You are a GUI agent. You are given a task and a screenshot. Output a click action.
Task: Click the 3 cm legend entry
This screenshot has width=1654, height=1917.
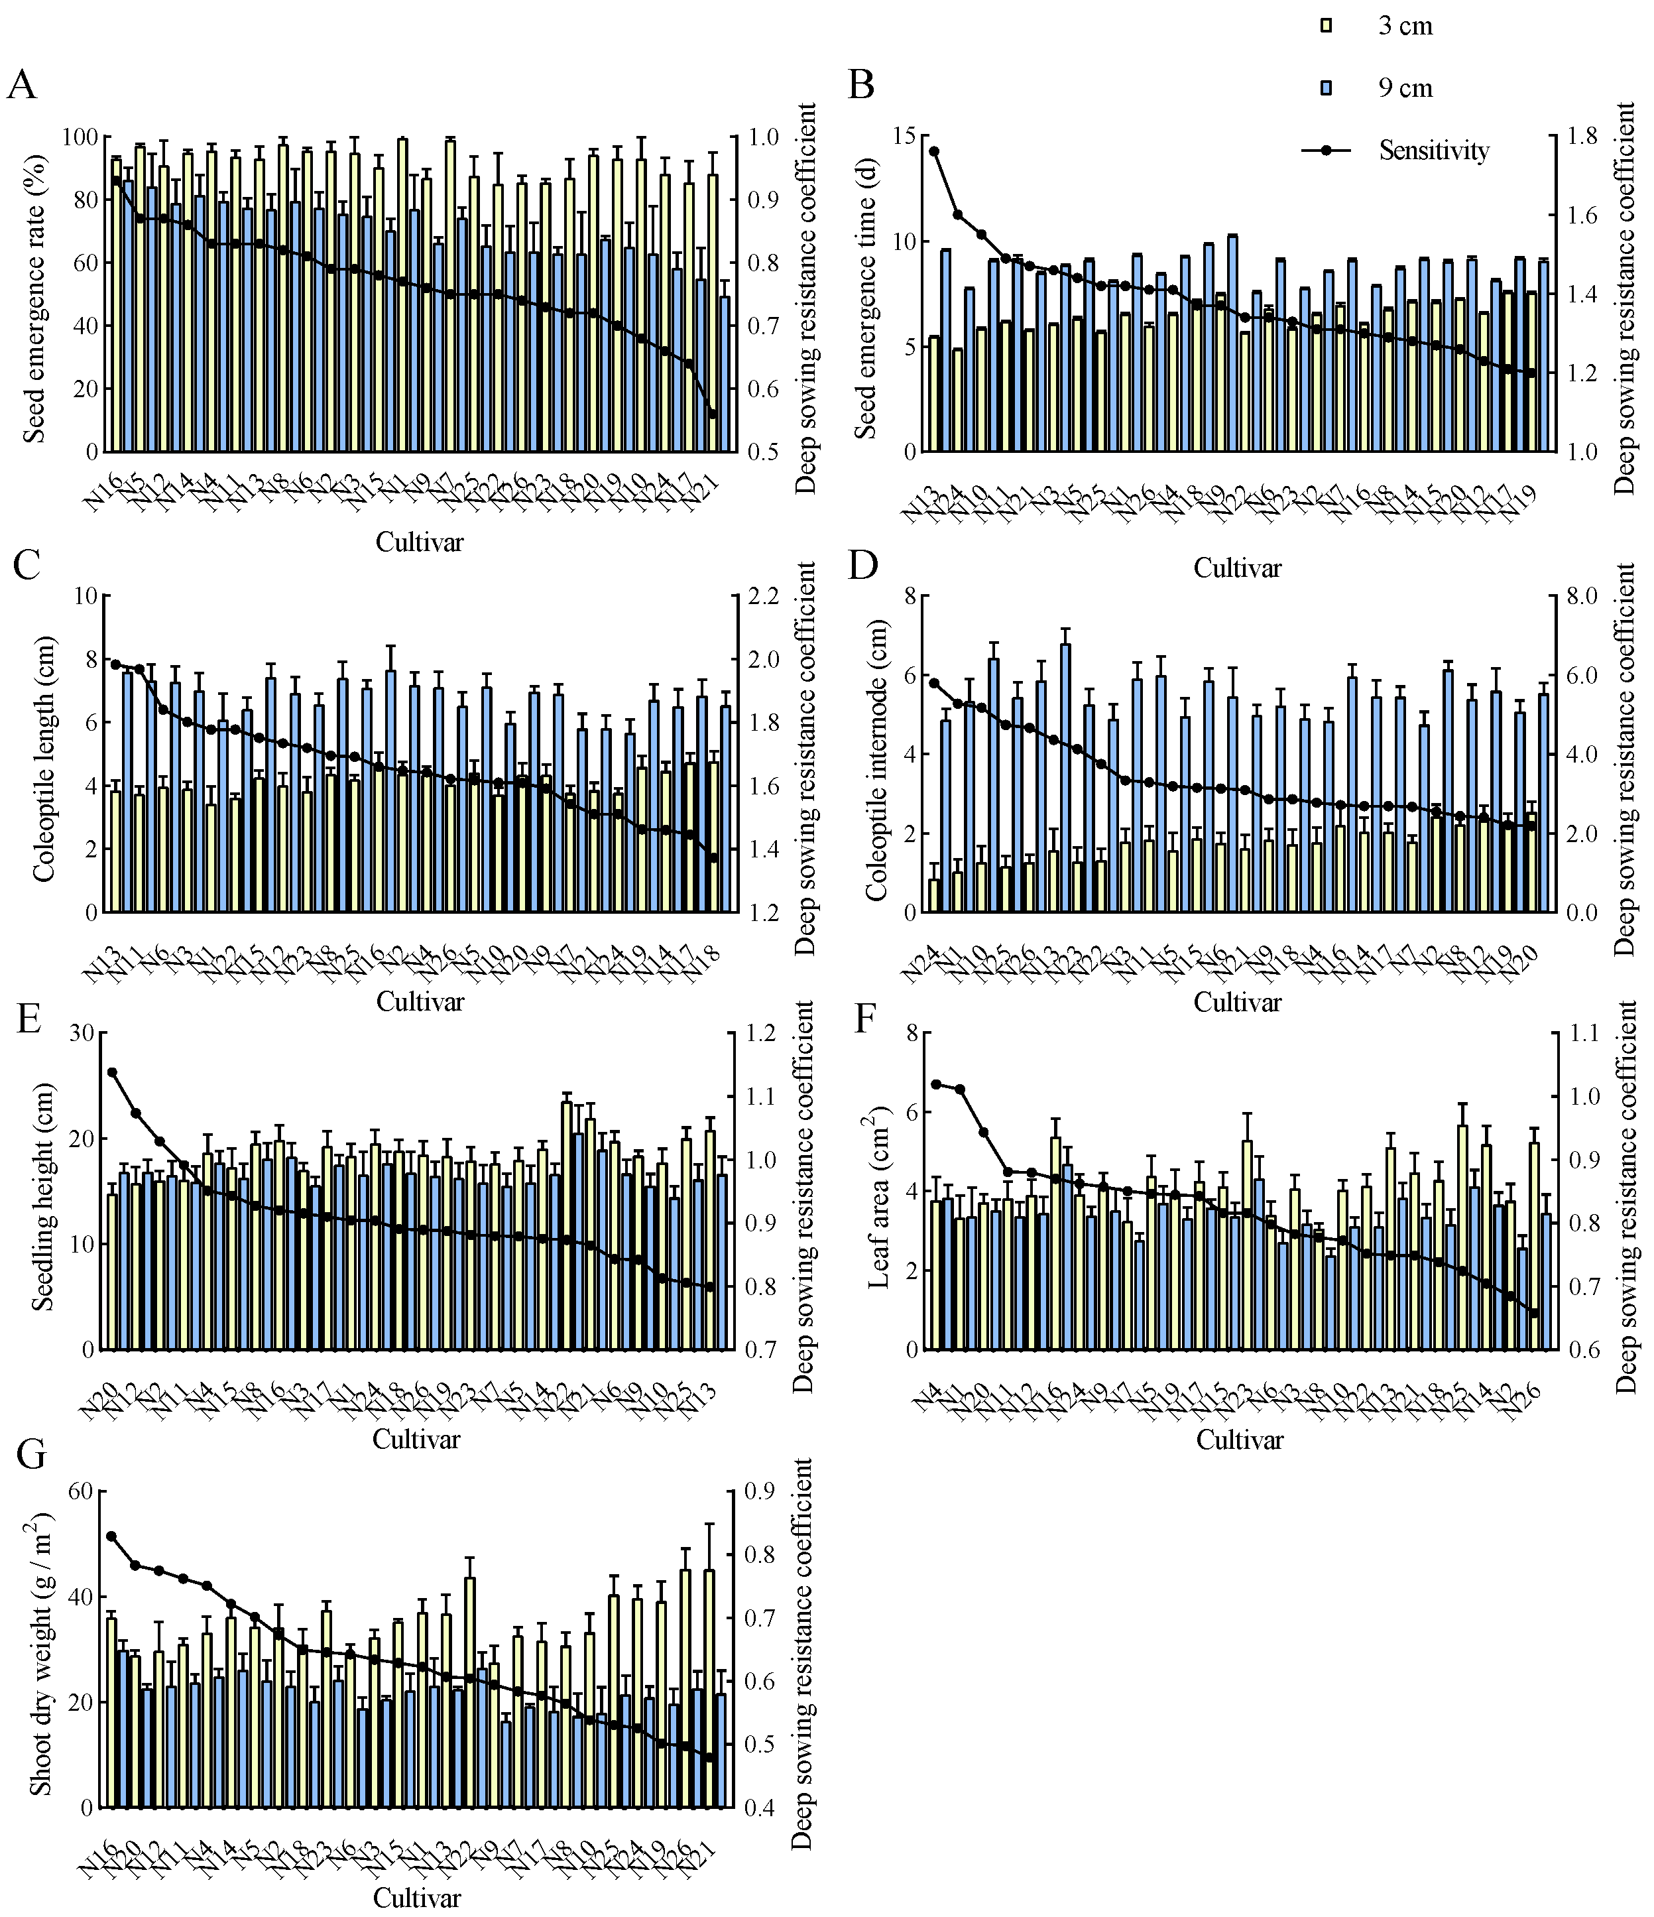tap(1404, 26)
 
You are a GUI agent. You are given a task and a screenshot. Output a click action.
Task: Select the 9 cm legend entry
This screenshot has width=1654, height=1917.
tap(1404, 89)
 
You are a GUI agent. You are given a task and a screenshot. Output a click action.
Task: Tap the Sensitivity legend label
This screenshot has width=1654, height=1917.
tap(1433, 150)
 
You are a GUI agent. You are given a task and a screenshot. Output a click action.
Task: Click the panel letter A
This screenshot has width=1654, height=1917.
tap(22, 86)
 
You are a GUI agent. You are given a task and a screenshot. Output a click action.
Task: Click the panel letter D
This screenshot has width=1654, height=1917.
tap(863, 564)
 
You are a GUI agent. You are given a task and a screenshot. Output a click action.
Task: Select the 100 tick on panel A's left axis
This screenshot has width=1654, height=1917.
tap(80, 137)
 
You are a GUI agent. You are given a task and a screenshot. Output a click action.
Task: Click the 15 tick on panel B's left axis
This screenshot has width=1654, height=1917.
tap(903, 137)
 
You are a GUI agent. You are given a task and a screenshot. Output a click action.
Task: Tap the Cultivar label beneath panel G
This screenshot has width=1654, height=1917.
tap(417, 1898)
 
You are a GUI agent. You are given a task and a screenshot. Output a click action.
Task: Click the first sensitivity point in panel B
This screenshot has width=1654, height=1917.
tap(934, 151)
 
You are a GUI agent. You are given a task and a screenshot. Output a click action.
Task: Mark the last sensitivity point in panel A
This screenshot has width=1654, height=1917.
tap(712, 414)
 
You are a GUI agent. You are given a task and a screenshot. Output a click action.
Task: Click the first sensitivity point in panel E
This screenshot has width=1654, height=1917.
tap(113, 1072)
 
